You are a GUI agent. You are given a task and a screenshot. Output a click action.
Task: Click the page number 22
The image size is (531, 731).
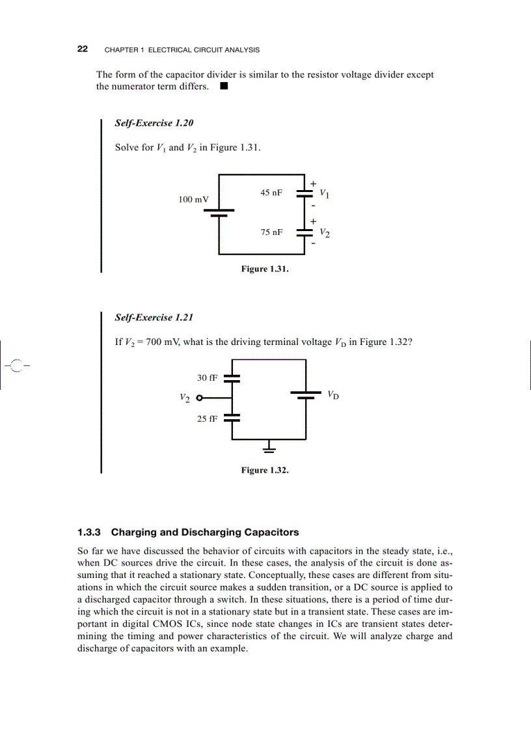[x=83, y=49]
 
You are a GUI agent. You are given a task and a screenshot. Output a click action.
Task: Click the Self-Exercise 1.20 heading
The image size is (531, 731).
[x=154, y=123]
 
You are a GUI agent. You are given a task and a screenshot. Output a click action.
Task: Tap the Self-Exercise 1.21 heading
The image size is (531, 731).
[x=154, y=318]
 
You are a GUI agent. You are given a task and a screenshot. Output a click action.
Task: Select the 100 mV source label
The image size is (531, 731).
[x=194, y=199]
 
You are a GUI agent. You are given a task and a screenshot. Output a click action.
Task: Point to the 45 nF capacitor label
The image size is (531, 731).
[x=271, y=193]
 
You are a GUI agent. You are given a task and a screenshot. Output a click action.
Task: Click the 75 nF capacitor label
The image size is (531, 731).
[x=271, y=232]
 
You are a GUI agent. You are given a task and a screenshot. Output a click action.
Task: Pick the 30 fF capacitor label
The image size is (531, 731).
[x=207, y=378]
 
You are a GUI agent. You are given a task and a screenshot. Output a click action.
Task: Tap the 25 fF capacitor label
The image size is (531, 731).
[x=207, y=419]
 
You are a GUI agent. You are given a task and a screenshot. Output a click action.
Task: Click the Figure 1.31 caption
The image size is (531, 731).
[x=264, y=269]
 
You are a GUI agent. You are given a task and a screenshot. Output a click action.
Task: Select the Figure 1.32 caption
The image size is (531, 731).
[x=264, y=470]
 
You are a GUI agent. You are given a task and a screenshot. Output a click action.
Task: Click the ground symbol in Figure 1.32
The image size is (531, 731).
[x=269, y=448]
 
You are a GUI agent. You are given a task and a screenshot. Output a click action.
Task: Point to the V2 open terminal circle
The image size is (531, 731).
[x=199, y=398]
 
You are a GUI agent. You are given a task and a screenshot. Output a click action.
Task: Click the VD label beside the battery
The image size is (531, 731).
[x=333, y=394]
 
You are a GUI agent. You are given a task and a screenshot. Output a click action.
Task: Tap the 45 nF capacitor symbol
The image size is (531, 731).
[x=305, y=193]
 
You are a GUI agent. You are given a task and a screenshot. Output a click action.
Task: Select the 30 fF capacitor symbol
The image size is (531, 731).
[x=232, y=378]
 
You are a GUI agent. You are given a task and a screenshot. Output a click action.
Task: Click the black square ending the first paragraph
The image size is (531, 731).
[x=223, y=86]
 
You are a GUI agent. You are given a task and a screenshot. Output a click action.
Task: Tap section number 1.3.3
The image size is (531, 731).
[x=90, y=532]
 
